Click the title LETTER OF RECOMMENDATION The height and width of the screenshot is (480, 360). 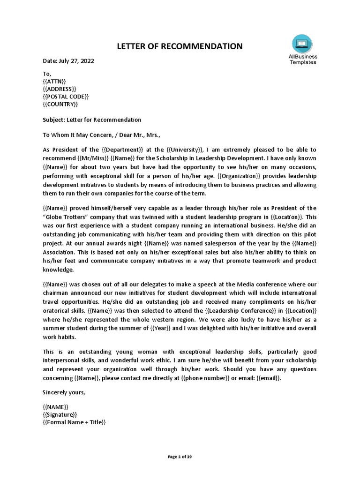click(x=180, y=46)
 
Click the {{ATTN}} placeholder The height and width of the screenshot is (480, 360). click(x=54, y=81)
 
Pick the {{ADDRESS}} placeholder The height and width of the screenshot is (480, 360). click(x=60, y=89)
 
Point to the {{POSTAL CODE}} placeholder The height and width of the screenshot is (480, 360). click(x=66, y=96)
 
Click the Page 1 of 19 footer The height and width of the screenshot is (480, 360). click(x=180, y=457)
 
